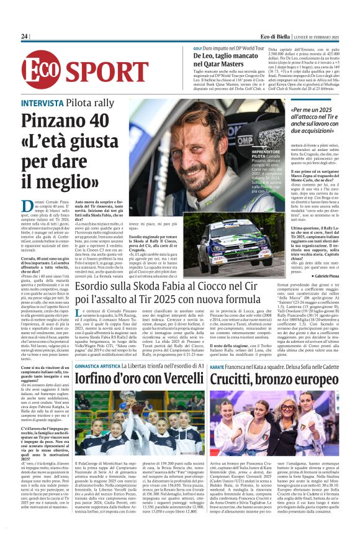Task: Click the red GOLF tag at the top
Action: [x=180, y=48]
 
